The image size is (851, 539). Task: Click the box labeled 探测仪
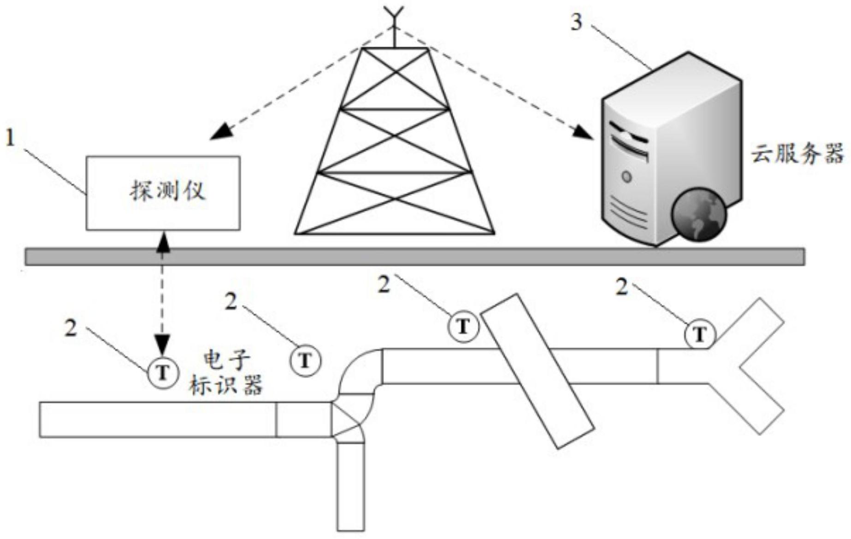(163, 193)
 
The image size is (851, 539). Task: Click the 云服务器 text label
(798, 154)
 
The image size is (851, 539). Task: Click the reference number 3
(577, 22)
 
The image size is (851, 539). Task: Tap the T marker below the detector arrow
(163, 372)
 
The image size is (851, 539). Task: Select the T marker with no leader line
(305, 360)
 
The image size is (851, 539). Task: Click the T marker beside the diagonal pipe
(463, 327)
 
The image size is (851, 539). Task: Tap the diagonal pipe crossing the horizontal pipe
(537, 371)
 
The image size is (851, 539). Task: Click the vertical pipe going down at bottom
(351, 486)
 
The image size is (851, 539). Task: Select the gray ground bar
(415, 257)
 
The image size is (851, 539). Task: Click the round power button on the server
(626, 176)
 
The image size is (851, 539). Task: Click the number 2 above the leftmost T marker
(71, 328)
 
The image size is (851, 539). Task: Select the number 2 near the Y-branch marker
(622, 287)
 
